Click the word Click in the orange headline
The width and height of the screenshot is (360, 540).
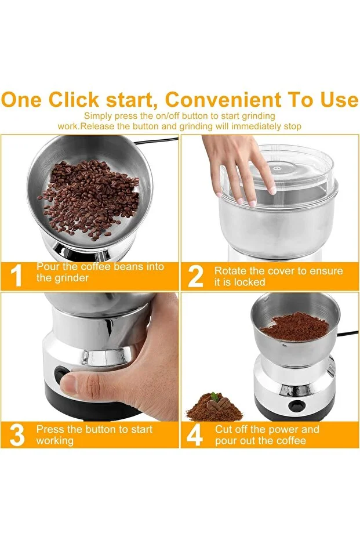pos(73,100)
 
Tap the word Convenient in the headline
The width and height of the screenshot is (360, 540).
pos(223,100)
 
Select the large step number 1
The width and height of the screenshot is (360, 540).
pos(16,276)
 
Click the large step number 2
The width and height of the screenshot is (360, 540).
pos(196,276)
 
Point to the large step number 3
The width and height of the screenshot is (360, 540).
pos(17,435)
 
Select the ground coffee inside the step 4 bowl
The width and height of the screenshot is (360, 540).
pos(295,326)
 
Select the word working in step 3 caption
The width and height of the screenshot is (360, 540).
pos(54,441)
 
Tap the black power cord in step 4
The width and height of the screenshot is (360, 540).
pos(348,334)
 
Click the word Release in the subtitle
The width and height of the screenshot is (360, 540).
pos(97,126)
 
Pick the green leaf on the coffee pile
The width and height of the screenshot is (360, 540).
pos(214,396)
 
